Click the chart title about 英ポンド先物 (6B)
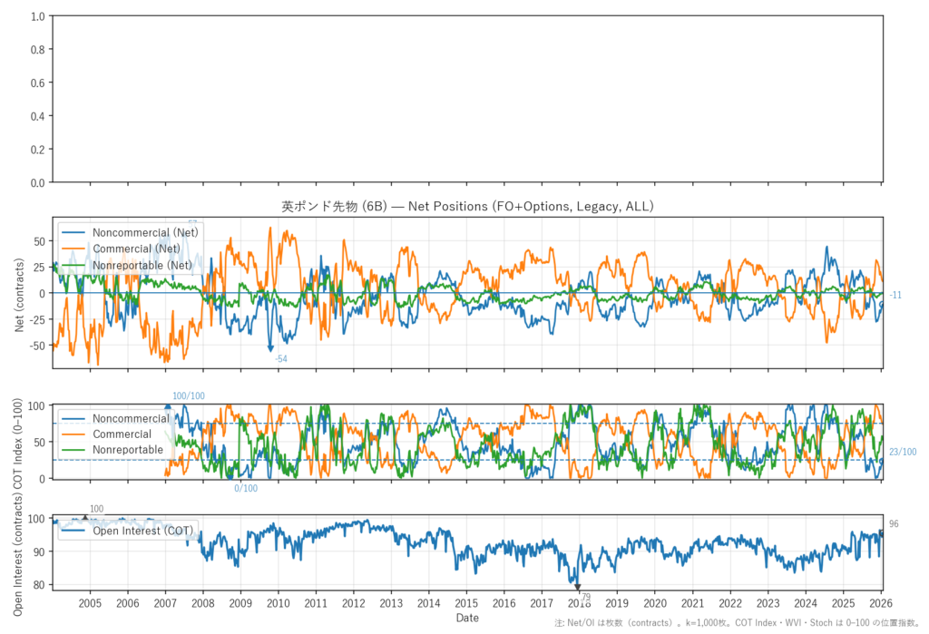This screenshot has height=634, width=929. pyautogui.click(x=467, y=207)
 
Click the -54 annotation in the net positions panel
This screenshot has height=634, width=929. pyautogui.click(x=281, y=359)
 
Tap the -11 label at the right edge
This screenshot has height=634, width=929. pyautogui.click(x=895, y=295)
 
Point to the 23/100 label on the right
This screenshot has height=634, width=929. pyautogui.click(x=902, y=452)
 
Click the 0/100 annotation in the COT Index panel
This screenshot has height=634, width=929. pyautogui.click(x=246, y=489)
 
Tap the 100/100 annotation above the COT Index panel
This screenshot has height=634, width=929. pyautogui.click(x=189, y=395)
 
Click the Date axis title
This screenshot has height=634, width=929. pyautogui.click(x=467, y=618)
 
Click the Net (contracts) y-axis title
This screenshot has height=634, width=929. pyautogui.click(x=20, y=292)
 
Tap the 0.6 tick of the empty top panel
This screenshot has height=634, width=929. pyautogui.click(x=37, y=83)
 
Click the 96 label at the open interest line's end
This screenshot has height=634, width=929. pyautogui.click(x=894, y=524)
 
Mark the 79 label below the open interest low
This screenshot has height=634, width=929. pyautogui.click(x=585, y=597)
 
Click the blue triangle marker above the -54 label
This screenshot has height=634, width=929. pyautogui.click(x=270, y=347)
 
